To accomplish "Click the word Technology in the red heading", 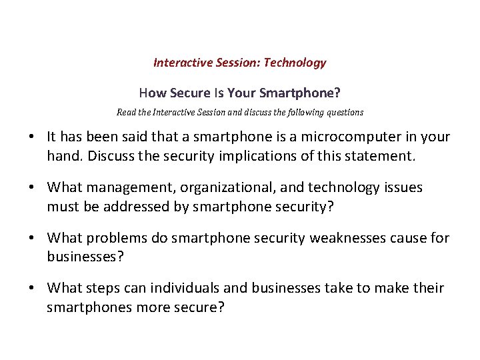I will [x=295, y=63].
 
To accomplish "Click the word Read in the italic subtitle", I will [x=127, y=113].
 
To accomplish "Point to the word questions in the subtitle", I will [x=345, y=113].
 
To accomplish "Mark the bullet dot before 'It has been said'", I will [x=32, y=137].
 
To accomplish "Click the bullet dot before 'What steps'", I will [x=32, y=289].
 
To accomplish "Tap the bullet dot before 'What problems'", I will [x=32, y=239].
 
